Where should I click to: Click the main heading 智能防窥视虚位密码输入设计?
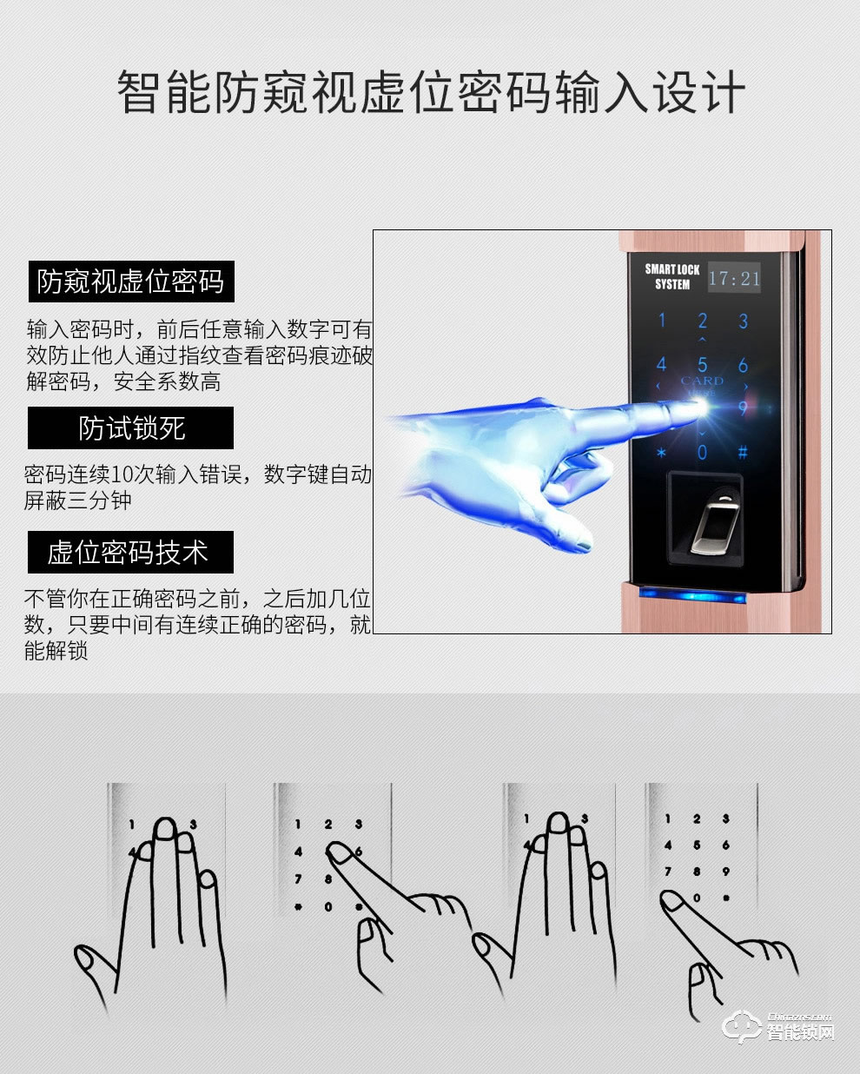pyautogui.click(x=430, y=93)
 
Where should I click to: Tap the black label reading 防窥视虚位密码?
pyautogui.click(x=131, y=282)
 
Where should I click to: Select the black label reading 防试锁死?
pyautogui.click(x=131, y=428)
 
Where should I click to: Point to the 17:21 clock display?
pyautogui.click(x=733, y=279)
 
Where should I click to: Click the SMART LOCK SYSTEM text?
pyautogui.click(x=671, y=276)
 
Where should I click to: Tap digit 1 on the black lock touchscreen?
pyautogui.click(x=661, y=321)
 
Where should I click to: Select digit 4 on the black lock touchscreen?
pyautogui.click(x=661, y=365)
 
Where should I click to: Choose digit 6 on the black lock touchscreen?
pyautogui.click(x=743, y=365)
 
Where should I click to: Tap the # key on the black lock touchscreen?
pyautogui.click(x=743, y=452)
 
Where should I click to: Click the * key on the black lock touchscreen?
pyautogui.click(x=661, y=453)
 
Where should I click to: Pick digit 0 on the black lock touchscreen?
pyautogui.click(x=702, y=452)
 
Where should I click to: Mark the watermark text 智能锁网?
pyautogui.click(x=801, y=1033)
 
